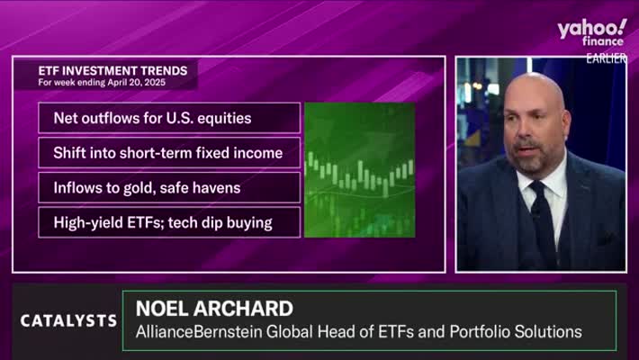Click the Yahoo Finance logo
pos(591,32)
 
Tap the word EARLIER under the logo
pos(606,58)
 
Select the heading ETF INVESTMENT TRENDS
pos(112,71)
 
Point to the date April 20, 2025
pos(137,83)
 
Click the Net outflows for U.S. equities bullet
pos(169,118)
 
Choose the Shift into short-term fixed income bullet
pos(169,153)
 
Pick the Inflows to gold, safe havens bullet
pos(169,187)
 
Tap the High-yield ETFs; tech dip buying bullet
pos(169,222)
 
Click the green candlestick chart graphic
pos(360,170)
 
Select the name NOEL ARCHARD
pos(214,309)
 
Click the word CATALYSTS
pos(69,321)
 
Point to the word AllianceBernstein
pos(199,331)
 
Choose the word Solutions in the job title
pos(548,331)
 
